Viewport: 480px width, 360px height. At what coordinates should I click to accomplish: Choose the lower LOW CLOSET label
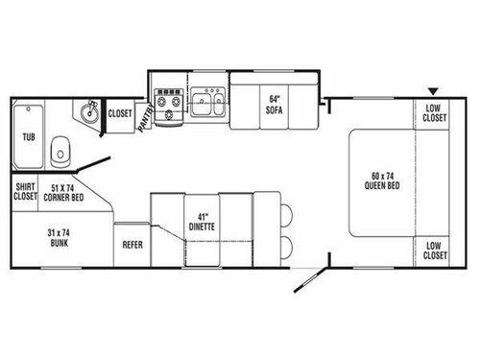[434, 251]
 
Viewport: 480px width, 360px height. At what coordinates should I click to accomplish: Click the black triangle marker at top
[433, 88]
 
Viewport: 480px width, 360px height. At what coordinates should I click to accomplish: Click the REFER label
[132, 245]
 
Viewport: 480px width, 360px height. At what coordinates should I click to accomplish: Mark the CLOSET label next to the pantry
[120, 113]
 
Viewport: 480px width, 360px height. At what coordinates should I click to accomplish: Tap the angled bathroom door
[94, 156]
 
